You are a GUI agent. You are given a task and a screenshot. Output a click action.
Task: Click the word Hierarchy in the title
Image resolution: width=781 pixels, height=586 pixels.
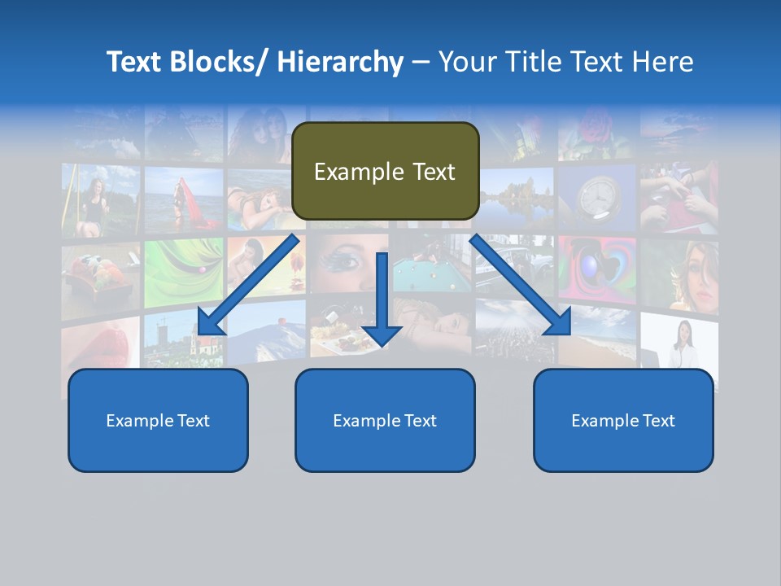coord(340,62)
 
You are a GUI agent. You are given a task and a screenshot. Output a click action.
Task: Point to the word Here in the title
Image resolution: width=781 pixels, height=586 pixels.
coord(664,62)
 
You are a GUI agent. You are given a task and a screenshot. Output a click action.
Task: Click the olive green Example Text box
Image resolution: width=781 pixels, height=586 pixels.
coord(385,172)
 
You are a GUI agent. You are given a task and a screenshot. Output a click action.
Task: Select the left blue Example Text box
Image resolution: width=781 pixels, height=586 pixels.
coord(158,420)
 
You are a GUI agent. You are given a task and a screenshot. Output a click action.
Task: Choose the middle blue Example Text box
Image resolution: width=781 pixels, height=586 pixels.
coord(385,420)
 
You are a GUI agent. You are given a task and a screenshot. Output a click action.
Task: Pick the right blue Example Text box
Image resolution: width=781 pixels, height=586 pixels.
coord(623,420)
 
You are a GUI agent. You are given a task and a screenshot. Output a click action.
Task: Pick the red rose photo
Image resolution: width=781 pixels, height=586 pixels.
coord(599,130)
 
